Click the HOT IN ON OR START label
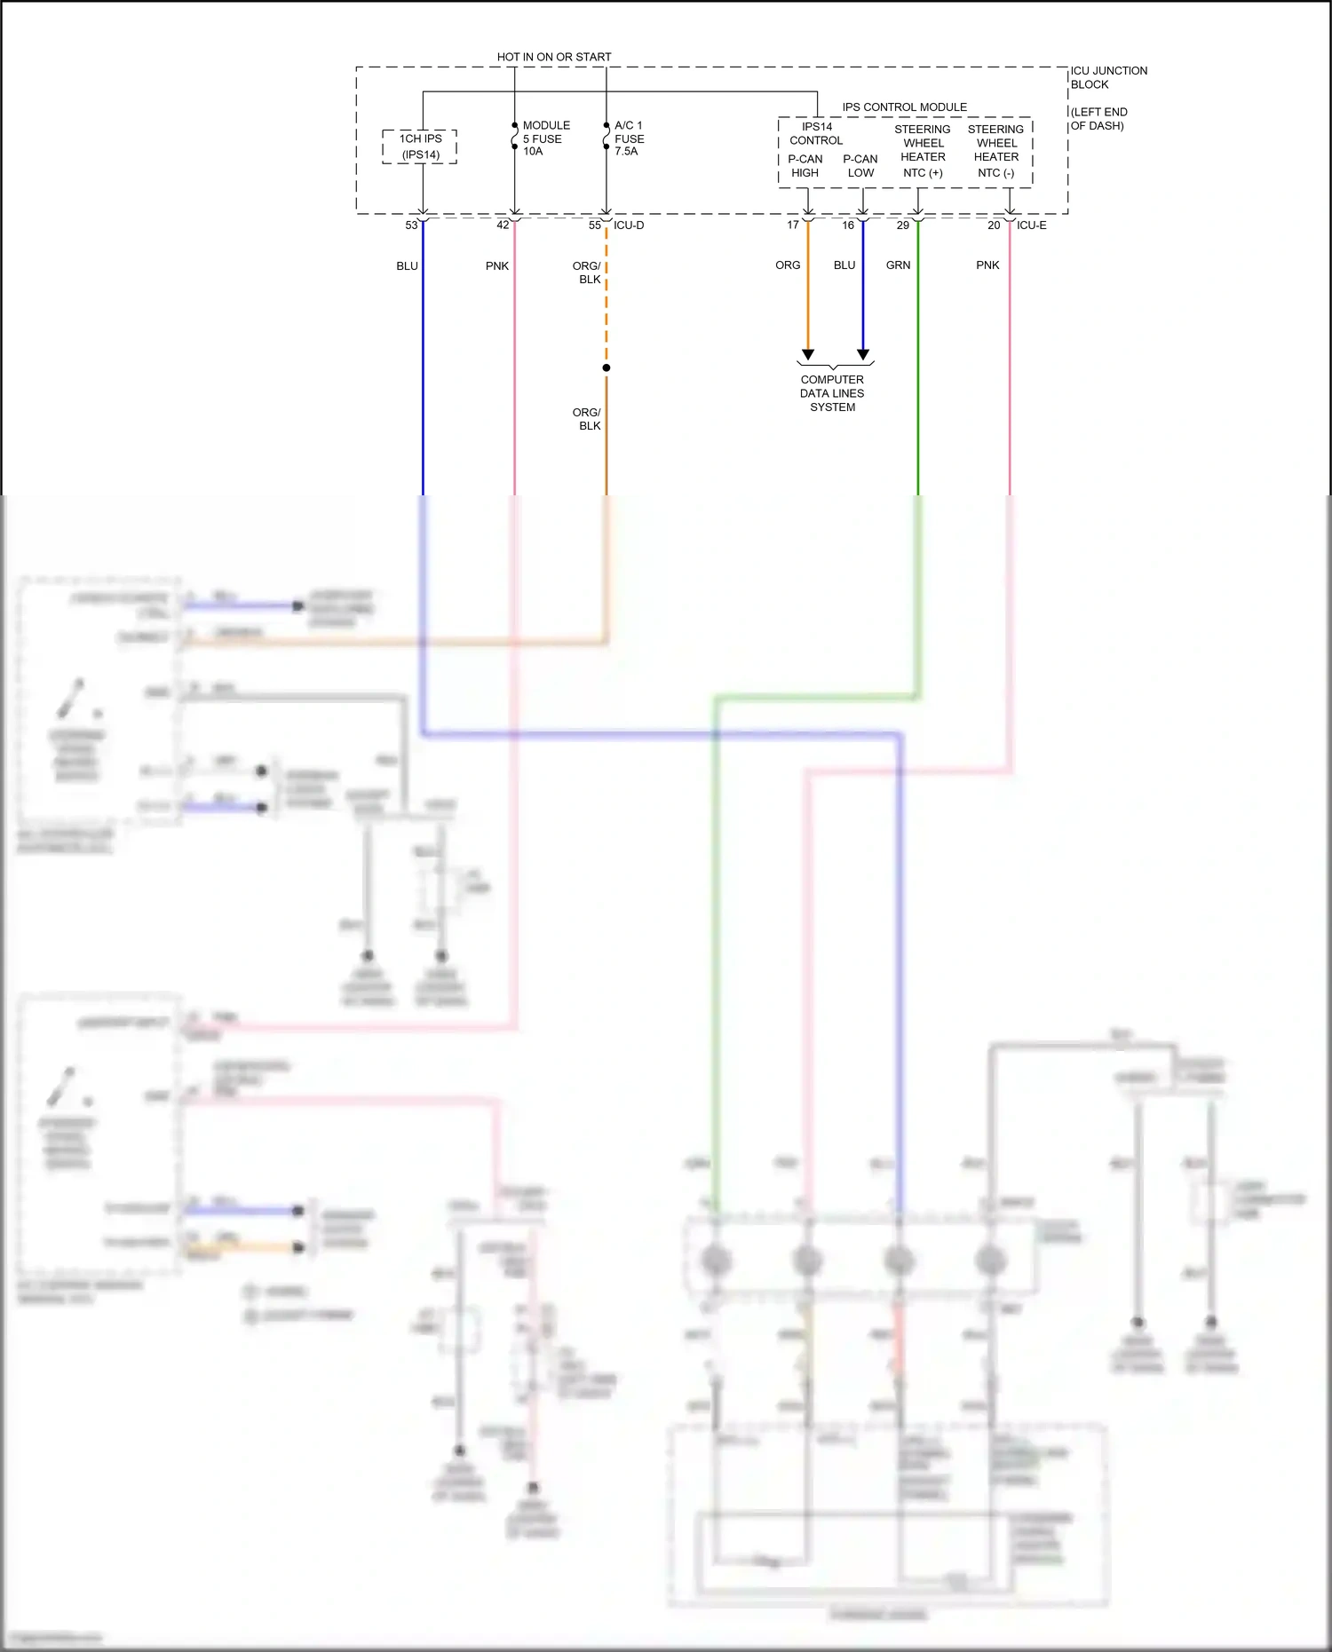553,57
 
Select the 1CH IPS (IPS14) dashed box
420,146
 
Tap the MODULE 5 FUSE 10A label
545,138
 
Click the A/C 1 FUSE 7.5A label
629,138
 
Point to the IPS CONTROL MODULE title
904,107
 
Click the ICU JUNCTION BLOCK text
1108,77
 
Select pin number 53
411,225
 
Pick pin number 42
503,225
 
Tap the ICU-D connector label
629,225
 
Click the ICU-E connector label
1031,225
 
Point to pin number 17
793,225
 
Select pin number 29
902,225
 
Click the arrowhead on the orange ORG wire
808,354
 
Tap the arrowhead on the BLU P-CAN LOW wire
863,354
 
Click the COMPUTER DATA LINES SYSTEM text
832,393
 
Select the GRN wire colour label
898,265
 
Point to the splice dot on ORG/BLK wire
607,368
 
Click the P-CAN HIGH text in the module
805,166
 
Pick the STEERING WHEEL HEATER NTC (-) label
995,151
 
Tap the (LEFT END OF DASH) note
1098,119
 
